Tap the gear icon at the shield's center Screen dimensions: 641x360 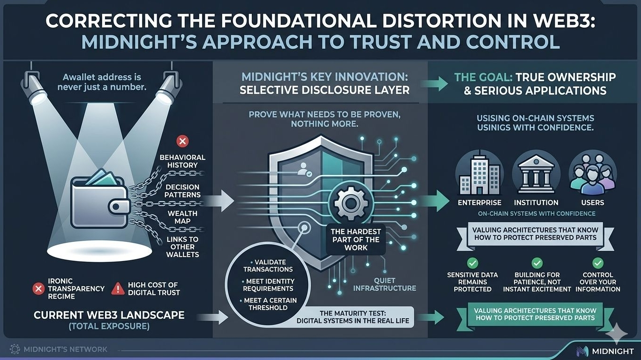pos(351,203)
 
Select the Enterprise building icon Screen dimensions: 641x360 pos(479,173)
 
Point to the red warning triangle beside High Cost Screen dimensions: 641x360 pos(118,289)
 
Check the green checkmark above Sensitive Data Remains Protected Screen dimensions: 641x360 pos(473,262)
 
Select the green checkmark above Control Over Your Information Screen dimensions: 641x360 pos(598,262)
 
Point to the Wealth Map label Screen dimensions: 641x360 pos(182,217)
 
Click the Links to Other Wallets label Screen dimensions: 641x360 pos(182,247)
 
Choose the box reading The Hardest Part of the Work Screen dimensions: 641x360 pos(356,239)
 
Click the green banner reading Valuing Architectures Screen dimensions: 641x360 pos(535,314)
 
